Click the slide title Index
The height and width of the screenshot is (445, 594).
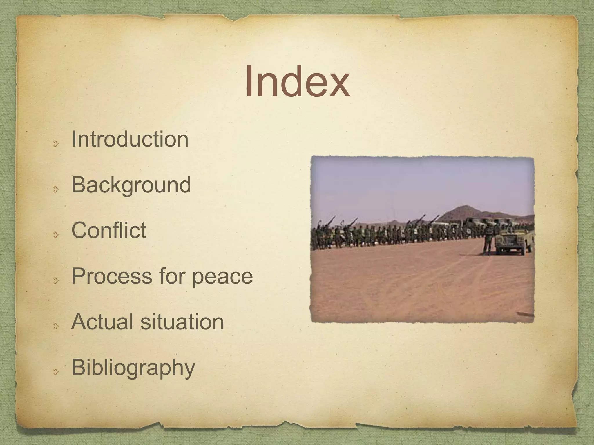click(x=297, y=82)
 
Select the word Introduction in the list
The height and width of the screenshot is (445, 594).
click(x=130, y=139)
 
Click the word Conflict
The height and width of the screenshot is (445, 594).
click(x=109, y=230)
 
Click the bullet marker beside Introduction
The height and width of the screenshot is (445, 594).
click(x=56, y=143)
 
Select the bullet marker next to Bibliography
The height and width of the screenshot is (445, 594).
click(x=56, y=372)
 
